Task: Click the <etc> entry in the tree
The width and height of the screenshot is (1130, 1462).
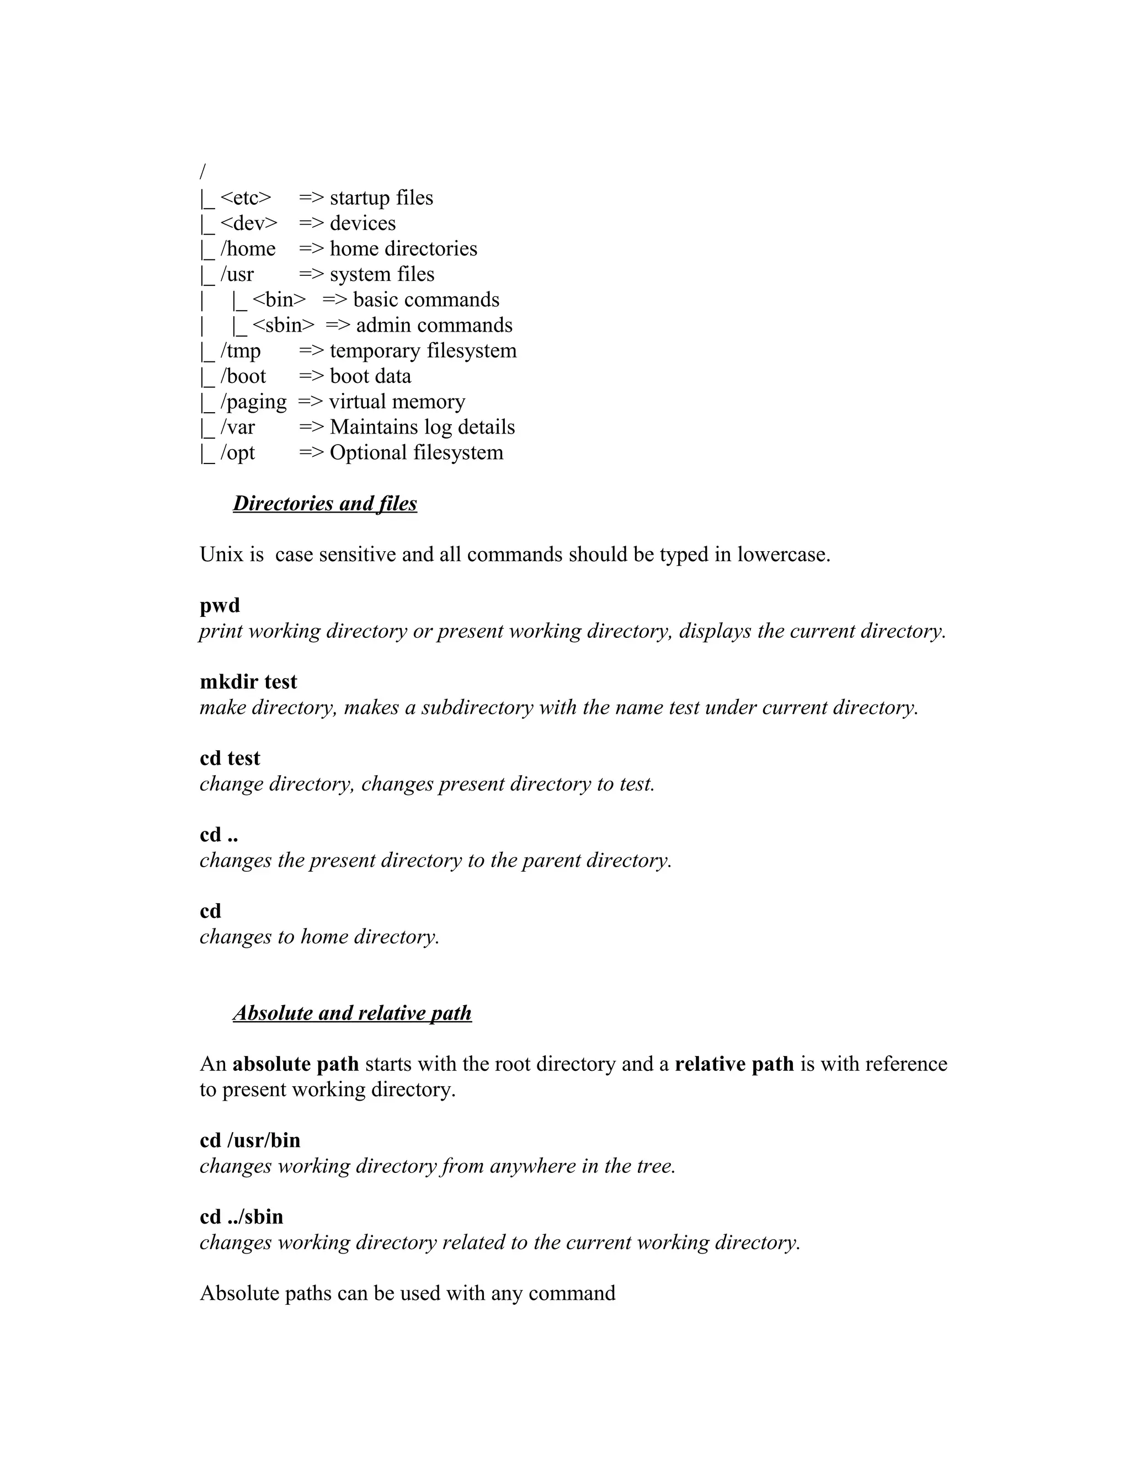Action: click(246, 198)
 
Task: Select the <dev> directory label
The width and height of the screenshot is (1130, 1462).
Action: click(248, 223)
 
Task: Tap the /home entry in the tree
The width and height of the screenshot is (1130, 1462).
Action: click(248, 249)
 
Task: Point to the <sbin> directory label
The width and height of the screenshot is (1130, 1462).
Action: click(283, 326)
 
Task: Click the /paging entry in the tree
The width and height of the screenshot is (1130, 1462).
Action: click(253, 402)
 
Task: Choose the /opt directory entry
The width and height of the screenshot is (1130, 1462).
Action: click(238, 452)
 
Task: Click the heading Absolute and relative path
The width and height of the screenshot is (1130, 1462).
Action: click(352, 1013)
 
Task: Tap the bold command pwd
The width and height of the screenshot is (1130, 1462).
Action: click(220, 605)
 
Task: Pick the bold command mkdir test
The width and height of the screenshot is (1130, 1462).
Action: click(248, 681)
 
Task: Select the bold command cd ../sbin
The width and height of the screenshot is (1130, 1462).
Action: click(241, 1216)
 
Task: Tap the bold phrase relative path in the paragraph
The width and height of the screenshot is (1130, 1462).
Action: click(734, 1064)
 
